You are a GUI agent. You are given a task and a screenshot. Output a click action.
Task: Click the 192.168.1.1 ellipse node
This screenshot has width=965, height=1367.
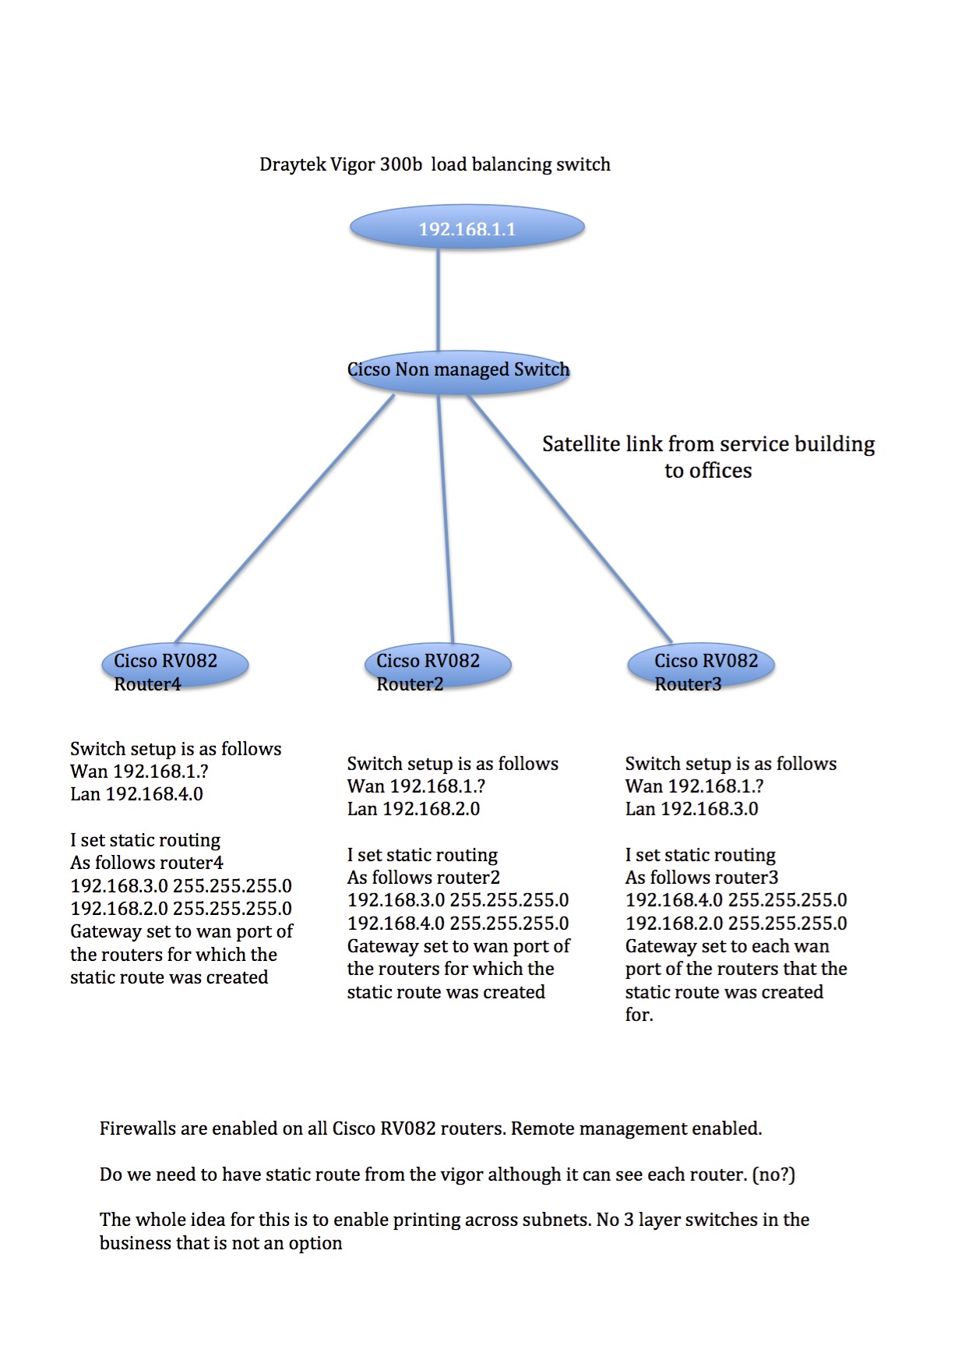click(x=467, y=228)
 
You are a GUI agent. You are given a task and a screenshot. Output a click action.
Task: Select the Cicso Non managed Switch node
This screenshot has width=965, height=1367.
click(x=459, y=372)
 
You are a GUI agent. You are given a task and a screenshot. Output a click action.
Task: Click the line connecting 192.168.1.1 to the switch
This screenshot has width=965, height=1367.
click(x=438, y=300)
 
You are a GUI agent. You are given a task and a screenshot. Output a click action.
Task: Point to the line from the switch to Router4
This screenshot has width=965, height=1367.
click(x=285, y=518)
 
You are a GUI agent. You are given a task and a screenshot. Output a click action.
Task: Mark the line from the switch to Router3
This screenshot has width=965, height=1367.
click(x=569, y=518)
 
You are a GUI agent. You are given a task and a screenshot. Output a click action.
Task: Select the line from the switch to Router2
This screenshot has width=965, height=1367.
click(x=446, y=519)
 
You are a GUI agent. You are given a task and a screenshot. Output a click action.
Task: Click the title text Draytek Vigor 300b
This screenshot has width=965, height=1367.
click(x=341, y=164)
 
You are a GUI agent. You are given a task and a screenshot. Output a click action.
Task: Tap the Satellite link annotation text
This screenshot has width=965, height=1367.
click(x=709, y=457)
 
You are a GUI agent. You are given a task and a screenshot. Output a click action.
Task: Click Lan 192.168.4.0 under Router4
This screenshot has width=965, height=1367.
click(x=136, y=794)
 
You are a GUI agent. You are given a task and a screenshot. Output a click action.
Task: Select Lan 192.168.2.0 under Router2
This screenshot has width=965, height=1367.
click(x=414, y=809)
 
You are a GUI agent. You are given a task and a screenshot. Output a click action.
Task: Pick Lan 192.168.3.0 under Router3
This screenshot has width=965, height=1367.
click(x=692, y=809)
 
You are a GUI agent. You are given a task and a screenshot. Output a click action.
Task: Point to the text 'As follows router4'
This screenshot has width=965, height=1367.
click(x=146, y=863)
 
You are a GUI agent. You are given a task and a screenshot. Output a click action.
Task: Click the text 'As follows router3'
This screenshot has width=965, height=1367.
click(x=702, y=878)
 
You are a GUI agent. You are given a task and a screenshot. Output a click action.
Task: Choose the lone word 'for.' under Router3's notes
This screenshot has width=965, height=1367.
click(x=639, y=1015)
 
